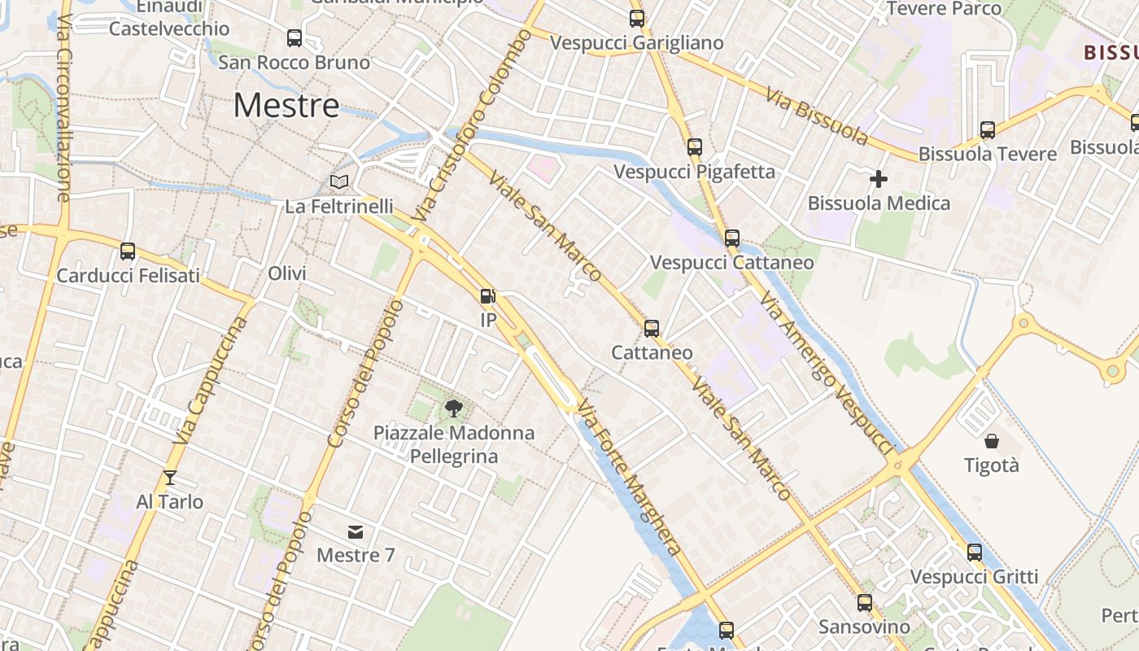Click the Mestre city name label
(x=286, y=106)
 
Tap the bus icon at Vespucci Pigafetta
(x=694, y=147)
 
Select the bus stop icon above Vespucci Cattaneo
(x=732, y=238)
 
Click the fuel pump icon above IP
(x=487, y=296)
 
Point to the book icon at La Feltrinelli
(x=339, y=181)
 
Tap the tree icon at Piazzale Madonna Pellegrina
(x=454, y=408)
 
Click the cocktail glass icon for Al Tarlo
(x=169, y=477)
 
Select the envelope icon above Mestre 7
(x=356, y=532)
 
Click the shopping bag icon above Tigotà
(x=992, y=441)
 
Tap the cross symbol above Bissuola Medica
(x=879, y=179)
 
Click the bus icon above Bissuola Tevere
(x=988, y=129)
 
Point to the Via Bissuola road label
(x=817, y=115)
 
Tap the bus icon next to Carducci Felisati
(x=128, y=251)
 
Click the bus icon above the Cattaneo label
(x=652, y=329)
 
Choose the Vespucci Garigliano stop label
(x=636, y=43)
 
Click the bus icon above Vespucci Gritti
(x=975, y=553)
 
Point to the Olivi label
(x=287, y=273)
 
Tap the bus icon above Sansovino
(x=865, y=603)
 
